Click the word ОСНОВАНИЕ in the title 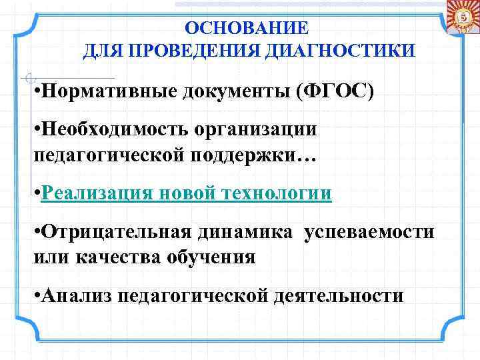[x=247, y=29]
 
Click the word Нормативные [x=107, y=91]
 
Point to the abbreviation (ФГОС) [x=334, y=91]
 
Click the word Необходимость [x=114, y=129]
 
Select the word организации [x=253, y=130]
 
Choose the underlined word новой [x=187, y=193]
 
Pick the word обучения [x=213, y=257]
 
